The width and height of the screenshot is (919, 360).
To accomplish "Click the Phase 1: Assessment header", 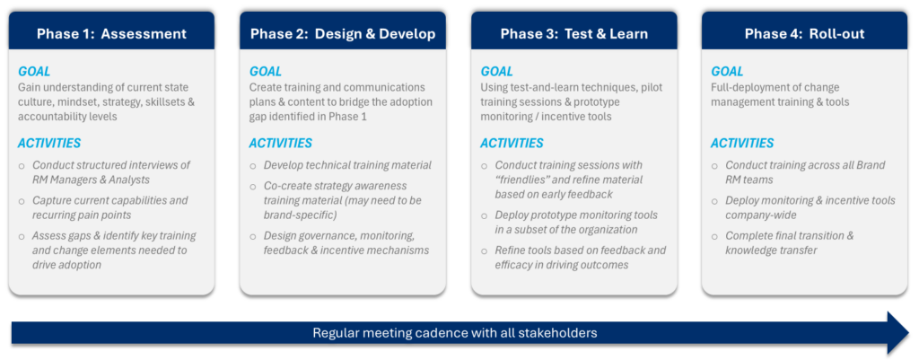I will pyautogui.click(x=111, y=34).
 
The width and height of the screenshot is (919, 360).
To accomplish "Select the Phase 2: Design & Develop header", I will pyautogui.click(x=342, y=34).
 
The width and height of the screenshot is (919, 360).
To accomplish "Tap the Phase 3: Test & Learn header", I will pyautogui.click(x=573, y=34).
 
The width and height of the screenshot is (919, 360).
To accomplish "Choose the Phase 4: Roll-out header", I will pyautogui.click(x=803, y=34).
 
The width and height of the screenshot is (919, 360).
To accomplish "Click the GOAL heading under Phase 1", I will pyautogui.click(x=34, y=71).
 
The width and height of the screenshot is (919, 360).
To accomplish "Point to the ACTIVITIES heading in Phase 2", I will pyautogui.click(x=280, y=143).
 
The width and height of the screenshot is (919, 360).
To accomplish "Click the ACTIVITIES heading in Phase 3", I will pyautogui.click(x=512, y=143).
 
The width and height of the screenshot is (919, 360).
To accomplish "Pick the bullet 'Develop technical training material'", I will pyautogui.click(x=347, y=165).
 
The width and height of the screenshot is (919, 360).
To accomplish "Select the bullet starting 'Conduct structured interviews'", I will pyautogui.click(x=111, y=171).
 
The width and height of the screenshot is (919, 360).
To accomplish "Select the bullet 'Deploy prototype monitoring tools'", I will pyautogui.click(x=576, y=222).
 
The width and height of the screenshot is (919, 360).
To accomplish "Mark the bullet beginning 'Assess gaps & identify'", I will pyautogui.click(x=114, y=250).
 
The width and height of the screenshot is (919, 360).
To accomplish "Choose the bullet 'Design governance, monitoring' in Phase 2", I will pyautogui.click(x=346, y=242).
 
